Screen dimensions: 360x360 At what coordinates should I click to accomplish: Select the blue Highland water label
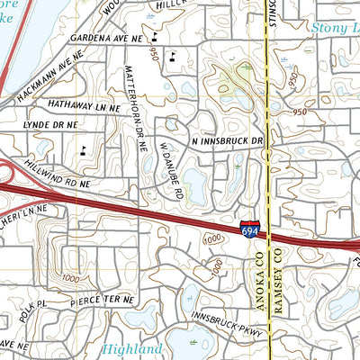click(132, 348)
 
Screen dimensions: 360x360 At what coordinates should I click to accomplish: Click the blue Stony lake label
click(335, 28)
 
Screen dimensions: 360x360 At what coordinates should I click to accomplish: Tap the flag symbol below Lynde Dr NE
click(84, 149)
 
